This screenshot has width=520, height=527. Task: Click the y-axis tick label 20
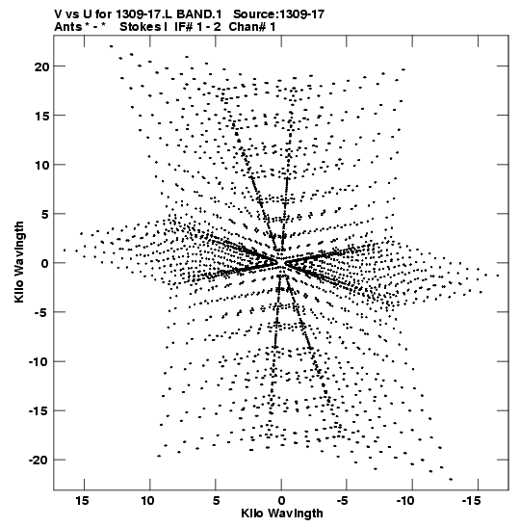pyautogui.click(x=41, y=66)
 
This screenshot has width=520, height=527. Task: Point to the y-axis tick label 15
pyautogui.click(x=41, y=116)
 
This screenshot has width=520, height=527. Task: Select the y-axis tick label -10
pyautogui.click(x=39, y=362)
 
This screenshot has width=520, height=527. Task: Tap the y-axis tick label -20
pyautogui.click(x=39, y=461)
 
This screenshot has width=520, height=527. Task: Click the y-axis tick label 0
pyautogui.click(x=45, y=264)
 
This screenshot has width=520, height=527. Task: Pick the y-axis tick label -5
pyautogui.click(x=42, y=313)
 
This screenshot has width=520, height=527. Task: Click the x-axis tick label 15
pyautogui.click(x=82, y=501)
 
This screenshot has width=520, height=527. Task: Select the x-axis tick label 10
pyautogui.click(x=147, y=501)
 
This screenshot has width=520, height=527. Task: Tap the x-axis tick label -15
pyautogui.click(x=471, y=501)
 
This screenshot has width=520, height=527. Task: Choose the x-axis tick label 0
pyautogui.click(x=281, y=501)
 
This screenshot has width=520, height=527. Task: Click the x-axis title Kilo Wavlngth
pyautogui.click(x=282, y=514)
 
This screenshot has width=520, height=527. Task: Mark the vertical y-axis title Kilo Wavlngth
pyautogui.click(x=19, y=262)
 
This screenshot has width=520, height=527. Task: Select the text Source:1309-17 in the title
pyautogui.click(x=279, y=14)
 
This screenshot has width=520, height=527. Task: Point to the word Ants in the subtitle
pyautogui.click(x=68, y=27)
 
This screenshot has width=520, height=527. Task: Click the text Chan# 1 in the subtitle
pyautogui.click(x=252, y=27)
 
